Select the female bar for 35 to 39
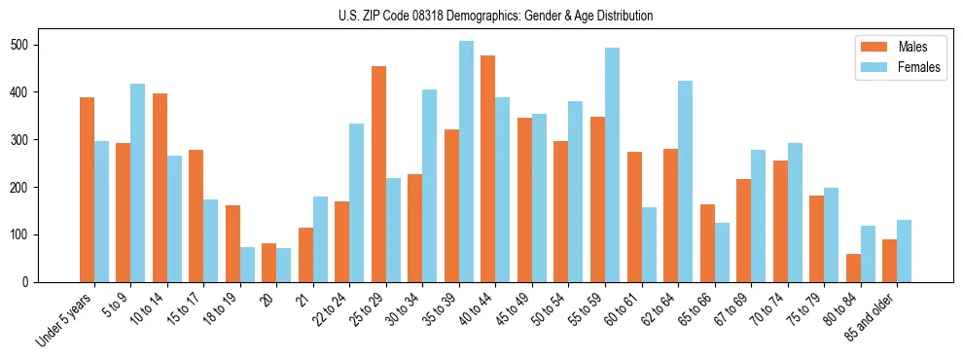tap(466, 162)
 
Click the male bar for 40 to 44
tap(487, 168)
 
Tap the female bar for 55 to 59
tap(612, 165)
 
